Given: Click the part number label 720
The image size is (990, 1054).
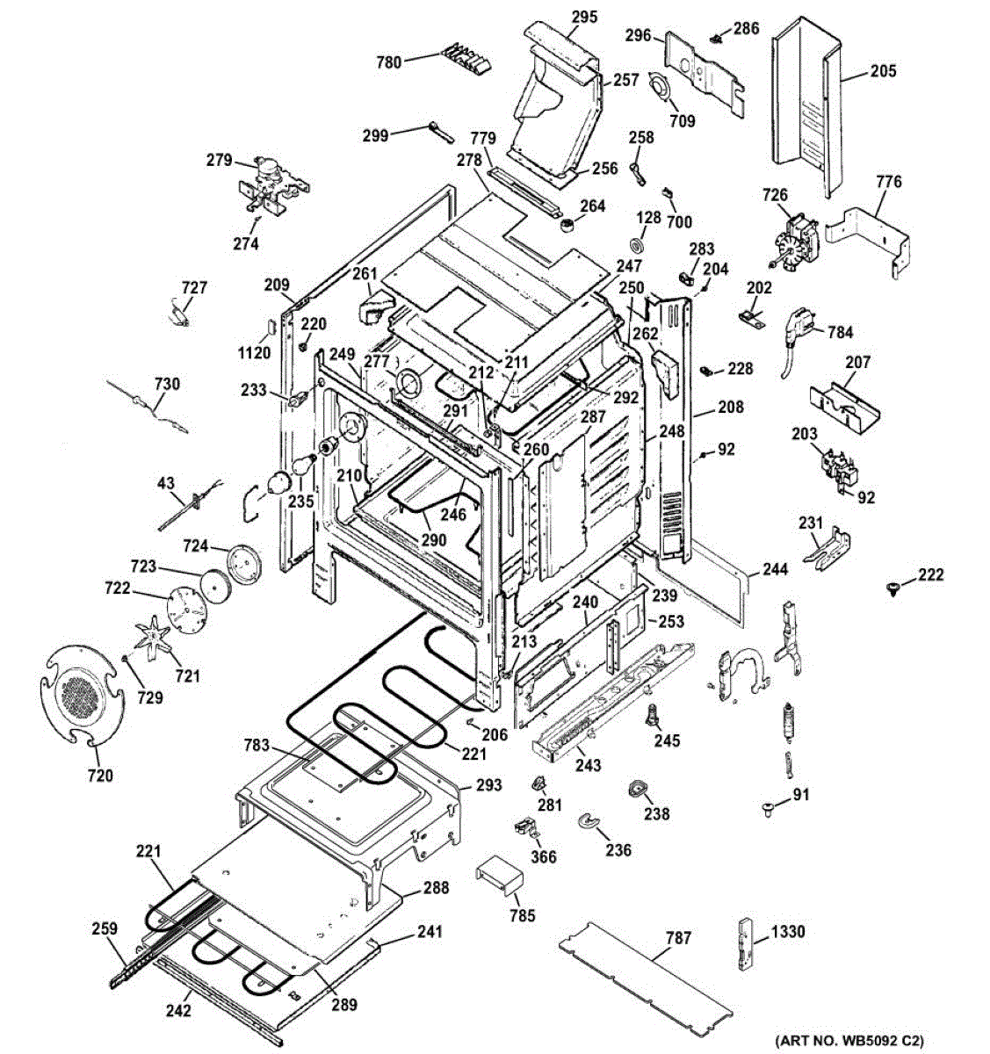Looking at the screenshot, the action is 100,776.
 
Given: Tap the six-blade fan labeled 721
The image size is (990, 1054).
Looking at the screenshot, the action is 153,639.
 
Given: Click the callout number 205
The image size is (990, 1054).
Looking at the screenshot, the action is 883,70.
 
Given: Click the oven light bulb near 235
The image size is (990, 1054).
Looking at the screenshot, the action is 304,466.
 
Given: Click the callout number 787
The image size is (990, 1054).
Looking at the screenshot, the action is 678,938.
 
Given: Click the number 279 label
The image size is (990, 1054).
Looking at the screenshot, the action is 220,160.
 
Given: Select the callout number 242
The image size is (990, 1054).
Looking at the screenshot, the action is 178,1010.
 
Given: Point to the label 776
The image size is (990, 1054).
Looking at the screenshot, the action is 889,182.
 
